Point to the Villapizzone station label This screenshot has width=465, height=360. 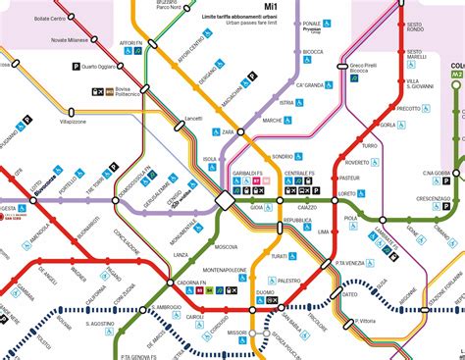click(x=81, y=124)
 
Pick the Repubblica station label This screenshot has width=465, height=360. click(x=296, y=223)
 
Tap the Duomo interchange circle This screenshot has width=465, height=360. click(x=253, y=310)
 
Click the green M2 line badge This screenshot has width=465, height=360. click(x=457, y=75)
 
